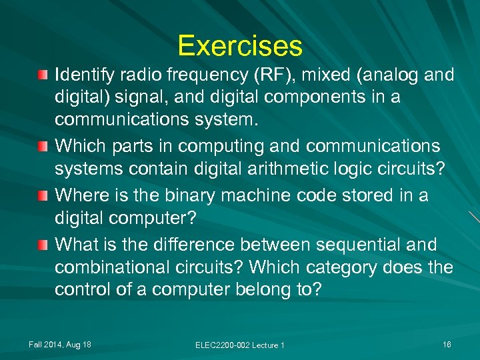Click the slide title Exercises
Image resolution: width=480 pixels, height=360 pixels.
240,46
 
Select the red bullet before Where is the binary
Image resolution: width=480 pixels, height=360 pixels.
43,195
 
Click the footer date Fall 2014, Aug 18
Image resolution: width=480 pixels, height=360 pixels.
60,344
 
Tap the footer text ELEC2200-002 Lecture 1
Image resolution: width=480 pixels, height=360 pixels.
240,345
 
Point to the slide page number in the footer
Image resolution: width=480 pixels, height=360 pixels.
446,344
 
